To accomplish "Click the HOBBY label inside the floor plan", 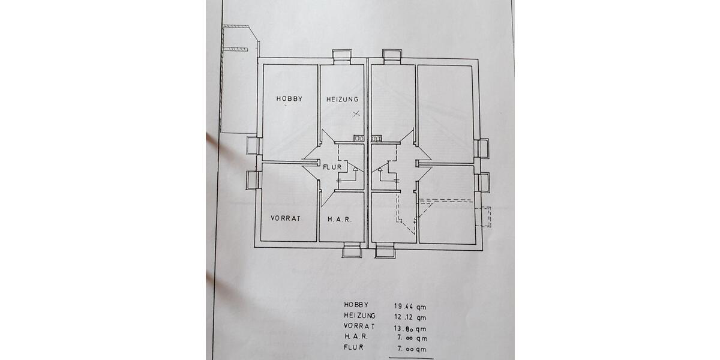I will (x=289, y=98).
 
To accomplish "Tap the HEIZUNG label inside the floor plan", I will (x=342, y=99).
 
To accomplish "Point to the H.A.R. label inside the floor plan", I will (x=339, y=220).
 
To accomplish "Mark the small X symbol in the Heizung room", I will (x=356, y=113).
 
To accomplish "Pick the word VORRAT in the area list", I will (x=359, y=326).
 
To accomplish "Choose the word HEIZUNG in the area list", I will (x=360, y=316).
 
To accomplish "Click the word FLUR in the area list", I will (x=354, y=347).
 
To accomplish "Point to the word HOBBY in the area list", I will (x=356, y=305).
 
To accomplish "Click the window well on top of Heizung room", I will (x=342, y=56).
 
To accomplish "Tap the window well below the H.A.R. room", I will (x=352, y=251).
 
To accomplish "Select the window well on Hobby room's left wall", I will (x=253, y=146).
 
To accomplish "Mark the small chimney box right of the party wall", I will (x=376, y=139).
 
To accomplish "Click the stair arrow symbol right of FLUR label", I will (x=355, y=170).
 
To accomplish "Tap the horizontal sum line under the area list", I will (x=411, y=358).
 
